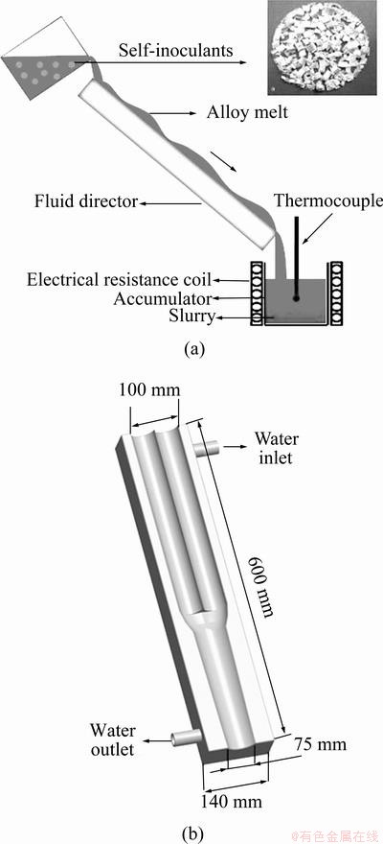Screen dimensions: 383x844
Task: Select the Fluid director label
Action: click(86, 202)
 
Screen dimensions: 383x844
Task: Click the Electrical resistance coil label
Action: click(120, 280)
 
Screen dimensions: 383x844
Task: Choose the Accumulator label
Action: click(163, 298)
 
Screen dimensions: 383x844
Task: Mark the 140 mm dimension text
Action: click(232, 803)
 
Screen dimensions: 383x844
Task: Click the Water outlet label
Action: click(112, 739)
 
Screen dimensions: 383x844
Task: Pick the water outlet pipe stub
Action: click(184, 738)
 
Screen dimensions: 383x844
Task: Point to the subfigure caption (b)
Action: click(192, 834)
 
